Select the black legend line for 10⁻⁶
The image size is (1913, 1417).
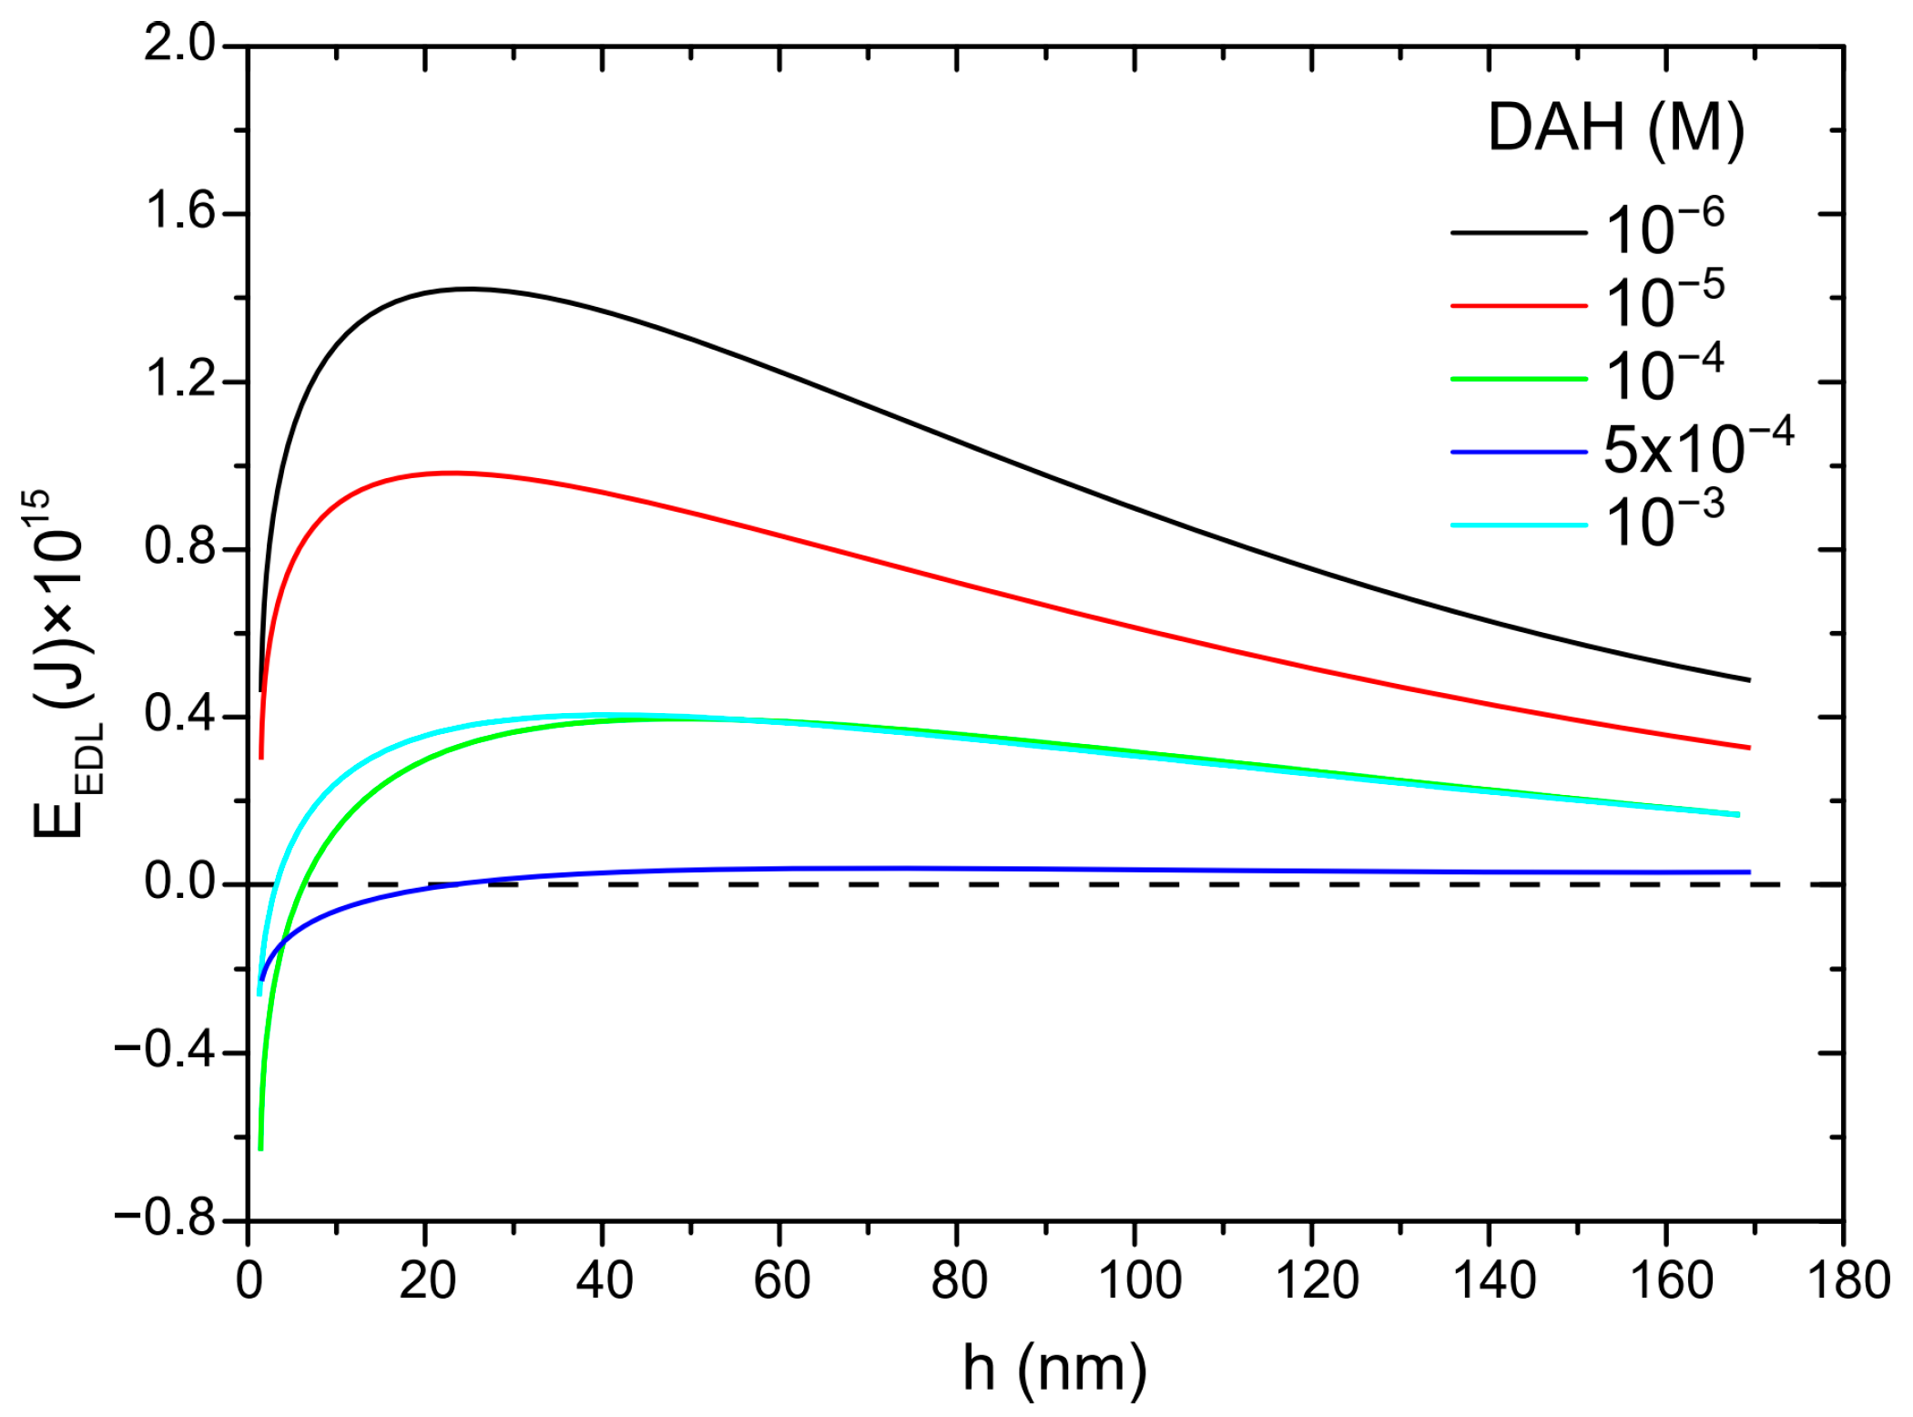[1517, 232]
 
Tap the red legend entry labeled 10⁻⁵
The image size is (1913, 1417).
[1663, 303]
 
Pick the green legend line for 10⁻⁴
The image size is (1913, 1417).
[1517, 378]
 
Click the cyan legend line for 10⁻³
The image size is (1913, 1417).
[1517, 525]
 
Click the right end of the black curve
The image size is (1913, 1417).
[1749, 680]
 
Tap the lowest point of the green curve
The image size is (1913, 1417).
[260, 1149]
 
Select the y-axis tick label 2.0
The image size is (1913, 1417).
[179, 44]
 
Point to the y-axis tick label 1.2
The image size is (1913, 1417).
[179, 381]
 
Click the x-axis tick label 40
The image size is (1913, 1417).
[603, 1280]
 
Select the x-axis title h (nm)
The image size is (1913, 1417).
[1054, 1367]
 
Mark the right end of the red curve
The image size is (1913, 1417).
[1749, 748]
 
